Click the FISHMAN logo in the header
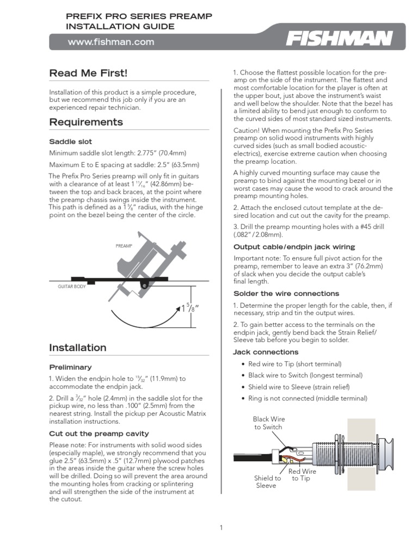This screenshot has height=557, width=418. click(340, 39)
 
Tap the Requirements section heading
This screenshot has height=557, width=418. click(86, 122)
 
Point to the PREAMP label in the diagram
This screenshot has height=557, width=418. click(124, 246)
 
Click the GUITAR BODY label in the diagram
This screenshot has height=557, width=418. click(71, 286)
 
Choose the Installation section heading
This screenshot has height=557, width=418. click(78, 347)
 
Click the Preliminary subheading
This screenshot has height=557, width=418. click(70, 367)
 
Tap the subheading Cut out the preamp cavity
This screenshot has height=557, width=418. click(99, 434)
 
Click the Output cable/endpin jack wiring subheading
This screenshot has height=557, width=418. click(294, 247)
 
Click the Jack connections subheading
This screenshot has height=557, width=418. click(266, 352)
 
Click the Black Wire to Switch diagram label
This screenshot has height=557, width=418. click(268, 423)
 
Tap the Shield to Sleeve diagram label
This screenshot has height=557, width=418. click(267, 481)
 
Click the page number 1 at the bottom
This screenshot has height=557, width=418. click(221, 527)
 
